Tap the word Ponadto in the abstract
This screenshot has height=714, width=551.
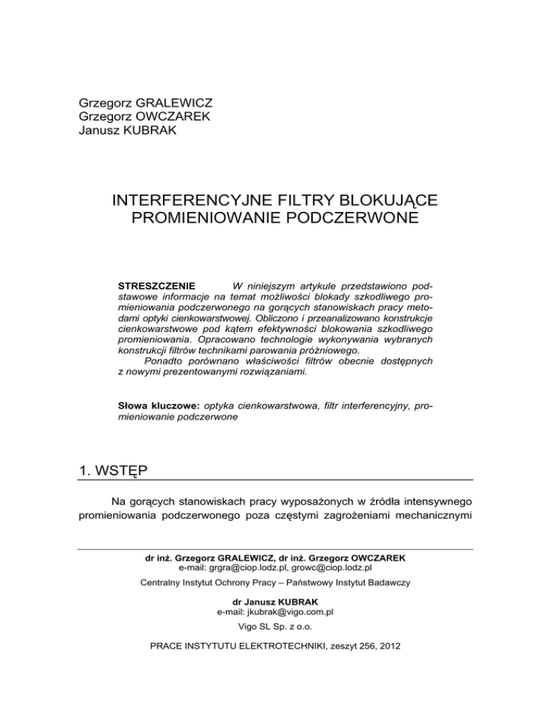click(x=166, y=362)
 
